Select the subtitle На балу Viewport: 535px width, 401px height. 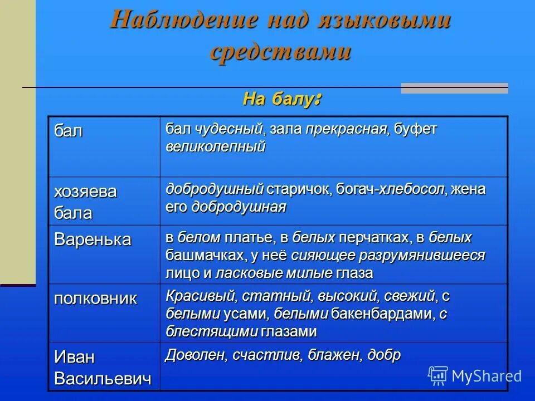(x=281, y=100)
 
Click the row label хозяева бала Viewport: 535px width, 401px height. (x=85, y=202)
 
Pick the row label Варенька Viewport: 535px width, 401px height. (x=93, y=239)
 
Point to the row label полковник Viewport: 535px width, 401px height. (x=95, y=298)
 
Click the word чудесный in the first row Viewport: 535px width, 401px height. (x=229, y=129)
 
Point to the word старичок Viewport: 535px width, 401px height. (x=298, y=189)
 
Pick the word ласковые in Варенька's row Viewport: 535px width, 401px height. (x=243, y=273)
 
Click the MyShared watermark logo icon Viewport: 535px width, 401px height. (x=438, y=376)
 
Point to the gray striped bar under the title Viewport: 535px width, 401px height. (x=454, y=88)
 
